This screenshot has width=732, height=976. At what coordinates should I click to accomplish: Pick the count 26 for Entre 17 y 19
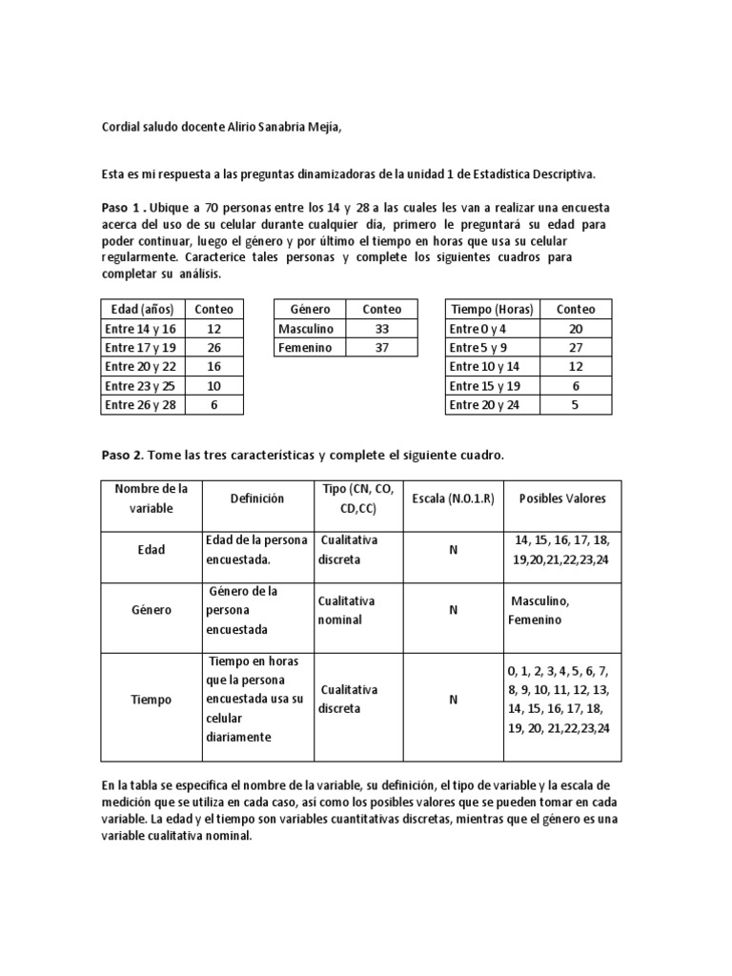[x=213, y=348]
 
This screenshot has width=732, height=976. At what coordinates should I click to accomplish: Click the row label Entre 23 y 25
[x=141, y=386]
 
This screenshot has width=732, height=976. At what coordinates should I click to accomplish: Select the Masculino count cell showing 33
[x=381, y=329]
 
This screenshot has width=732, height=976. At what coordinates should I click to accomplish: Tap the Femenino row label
[x=305, y=348]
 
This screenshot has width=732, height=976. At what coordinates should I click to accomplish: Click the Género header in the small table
[x=310, y=309]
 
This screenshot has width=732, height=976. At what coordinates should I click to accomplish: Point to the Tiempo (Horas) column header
[x=492, y=309]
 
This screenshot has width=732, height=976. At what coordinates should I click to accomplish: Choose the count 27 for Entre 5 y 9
[x=576, y=348]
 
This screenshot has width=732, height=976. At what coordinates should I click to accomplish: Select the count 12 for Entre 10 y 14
[x=576, y=367]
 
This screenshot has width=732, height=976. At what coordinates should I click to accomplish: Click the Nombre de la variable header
[x=151, y=498]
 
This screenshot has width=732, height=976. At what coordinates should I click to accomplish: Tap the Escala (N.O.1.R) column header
[x=453, y=498]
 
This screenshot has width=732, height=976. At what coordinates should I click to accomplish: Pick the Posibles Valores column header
[x=561, y=498]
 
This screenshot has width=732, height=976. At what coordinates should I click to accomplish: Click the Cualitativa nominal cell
[x=348, y=610]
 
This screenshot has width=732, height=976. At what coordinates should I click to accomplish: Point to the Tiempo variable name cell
[x=151, y=699]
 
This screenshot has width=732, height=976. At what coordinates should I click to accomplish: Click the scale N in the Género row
[x=453, y=610]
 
